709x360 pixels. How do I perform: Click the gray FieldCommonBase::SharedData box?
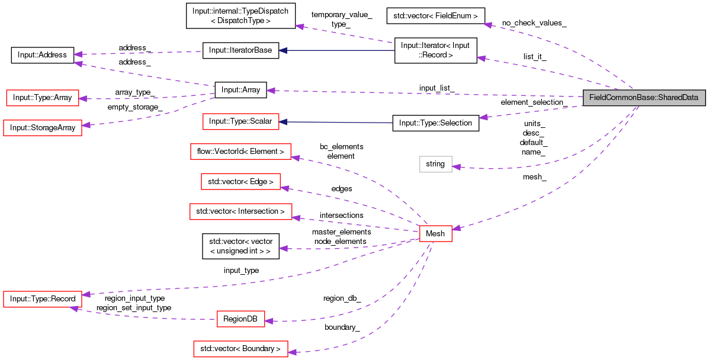(x=644, y=98)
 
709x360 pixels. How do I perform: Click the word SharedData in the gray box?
(x=677, y=98)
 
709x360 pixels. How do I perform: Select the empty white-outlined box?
(x=435, y=165)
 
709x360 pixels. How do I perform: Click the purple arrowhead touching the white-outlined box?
(x=457, y=168)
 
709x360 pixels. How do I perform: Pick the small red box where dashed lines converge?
(x=435, y=233)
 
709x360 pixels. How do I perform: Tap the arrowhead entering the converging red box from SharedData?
(x=457, y=228)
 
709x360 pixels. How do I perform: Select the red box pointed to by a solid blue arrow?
(x=240, y=121)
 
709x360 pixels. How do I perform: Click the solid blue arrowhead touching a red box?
(x=283, y=122)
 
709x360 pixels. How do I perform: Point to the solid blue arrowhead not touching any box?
(x=283, y=50)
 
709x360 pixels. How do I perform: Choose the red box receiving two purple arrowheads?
(x=42, y=299)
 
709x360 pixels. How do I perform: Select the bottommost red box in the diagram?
(x=240, y=349)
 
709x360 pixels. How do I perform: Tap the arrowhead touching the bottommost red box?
(x=292, y=352)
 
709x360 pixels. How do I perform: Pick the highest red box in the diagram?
(x=42, y=98)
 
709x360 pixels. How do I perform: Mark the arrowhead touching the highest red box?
(x=83, y=99)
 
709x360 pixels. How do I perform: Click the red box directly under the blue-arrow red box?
(x=240, y=151)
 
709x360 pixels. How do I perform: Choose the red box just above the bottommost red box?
(x=240, y=319)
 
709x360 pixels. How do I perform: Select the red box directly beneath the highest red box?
(x=42, y=127)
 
